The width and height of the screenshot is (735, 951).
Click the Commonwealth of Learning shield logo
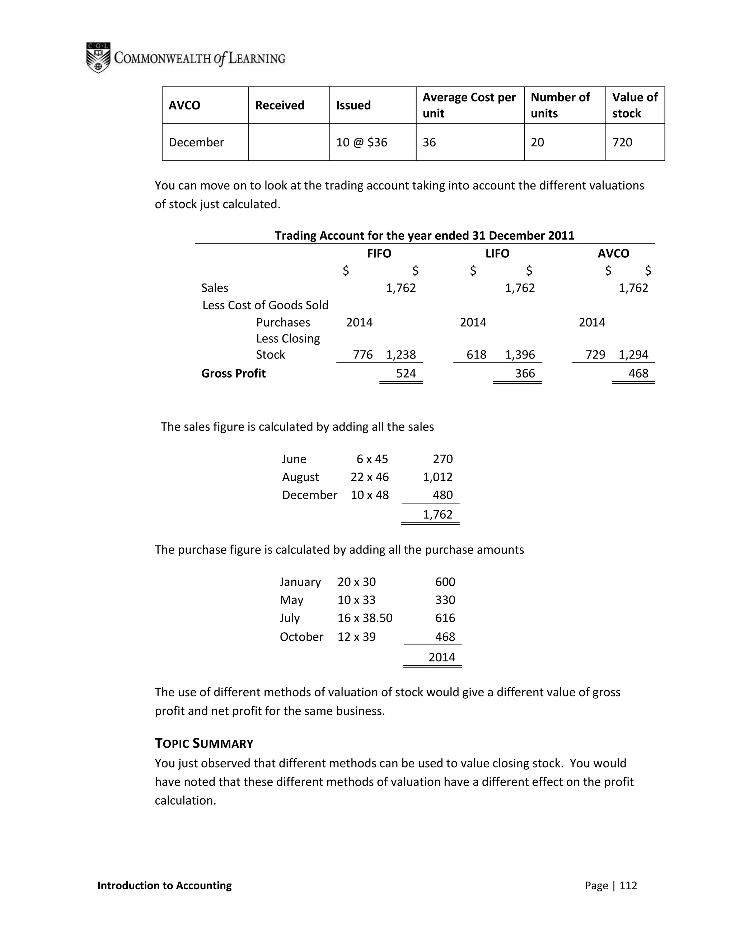(98, 57)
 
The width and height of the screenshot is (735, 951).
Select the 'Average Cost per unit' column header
(469, 105)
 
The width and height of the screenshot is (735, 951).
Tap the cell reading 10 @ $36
(361, 142)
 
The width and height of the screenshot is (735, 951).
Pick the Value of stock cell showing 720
(622, 142)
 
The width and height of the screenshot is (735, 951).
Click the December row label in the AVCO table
(196, 142)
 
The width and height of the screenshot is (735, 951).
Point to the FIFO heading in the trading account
(379, 253)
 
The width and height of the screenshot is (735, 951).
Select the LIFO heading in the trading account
(497, 253)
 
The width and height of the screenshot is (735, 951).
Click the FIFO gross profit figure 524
(406, 373)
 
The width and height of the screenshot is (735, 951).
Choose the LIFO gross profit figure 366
(525, 373)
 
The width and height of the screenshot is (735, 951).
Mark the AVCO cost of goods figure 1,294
(633, 355)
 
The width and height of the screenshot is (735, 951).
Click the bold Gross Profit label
(233, 373)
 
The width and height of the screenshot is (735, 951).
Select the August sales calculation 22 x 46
(369, 477)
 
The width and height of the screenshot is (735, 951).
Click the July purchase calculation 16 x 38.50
(365, 618)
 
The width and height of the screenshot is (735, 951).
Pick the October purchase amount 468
(445, 637)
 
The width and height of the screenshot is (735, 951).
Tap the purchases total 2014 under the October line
(441, 657)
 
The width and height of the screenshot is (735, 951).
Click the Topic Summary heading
(204, 743)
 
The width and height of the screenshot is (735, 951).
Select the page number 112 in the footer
(628, 885)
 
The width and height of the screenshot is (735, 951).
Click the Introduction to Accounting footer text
(165, 885)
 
